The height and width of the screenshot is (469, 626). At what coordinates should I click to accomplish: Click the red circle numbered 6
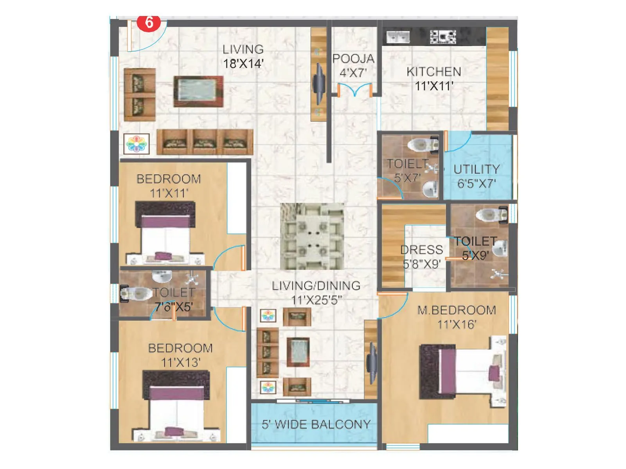[x=149, y=22]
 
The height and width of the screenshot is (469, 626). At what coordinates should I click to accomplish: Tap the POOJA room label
[x=353, y=59]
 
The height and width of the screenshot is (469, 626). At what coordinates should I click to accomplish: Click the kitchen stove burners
[x=443, y=37]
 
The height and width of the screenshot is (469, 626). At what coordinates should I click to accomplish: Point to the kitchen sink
[x=398, y=37]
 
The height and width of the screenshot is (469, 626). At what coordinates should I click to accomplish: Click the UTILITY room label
[x=477, y=169]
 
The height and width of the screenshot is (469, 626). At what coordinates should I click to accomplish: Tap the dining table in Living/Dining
[x=312, y=236]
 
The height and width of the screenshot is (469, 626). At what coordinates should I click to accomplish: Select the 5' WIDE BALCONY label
[x=316, y=424]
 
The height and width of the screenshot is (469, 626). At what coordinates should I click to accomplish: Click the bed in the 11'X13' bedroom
[x=176, y=406]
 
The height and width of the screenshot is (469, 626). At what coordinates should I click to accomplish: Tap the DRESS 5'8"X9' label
[x=422, y=257]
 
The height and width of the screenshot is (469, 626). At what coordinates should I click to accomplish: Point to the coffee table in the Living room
[x=198, y=91]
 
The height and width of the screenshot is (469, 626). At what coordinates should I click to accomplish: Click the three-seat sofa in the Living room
[x=205, y=142]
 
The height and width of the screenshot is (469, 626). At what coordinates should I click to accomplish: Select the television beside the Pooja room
[x=319, y=84]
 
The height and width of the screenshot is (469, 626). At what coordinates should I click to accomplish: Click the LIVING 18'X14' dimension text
[x=243, y=63]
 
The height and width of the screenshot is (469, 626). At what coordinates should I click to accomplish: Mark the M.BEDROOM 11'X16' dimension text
[x=457, y=324]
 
